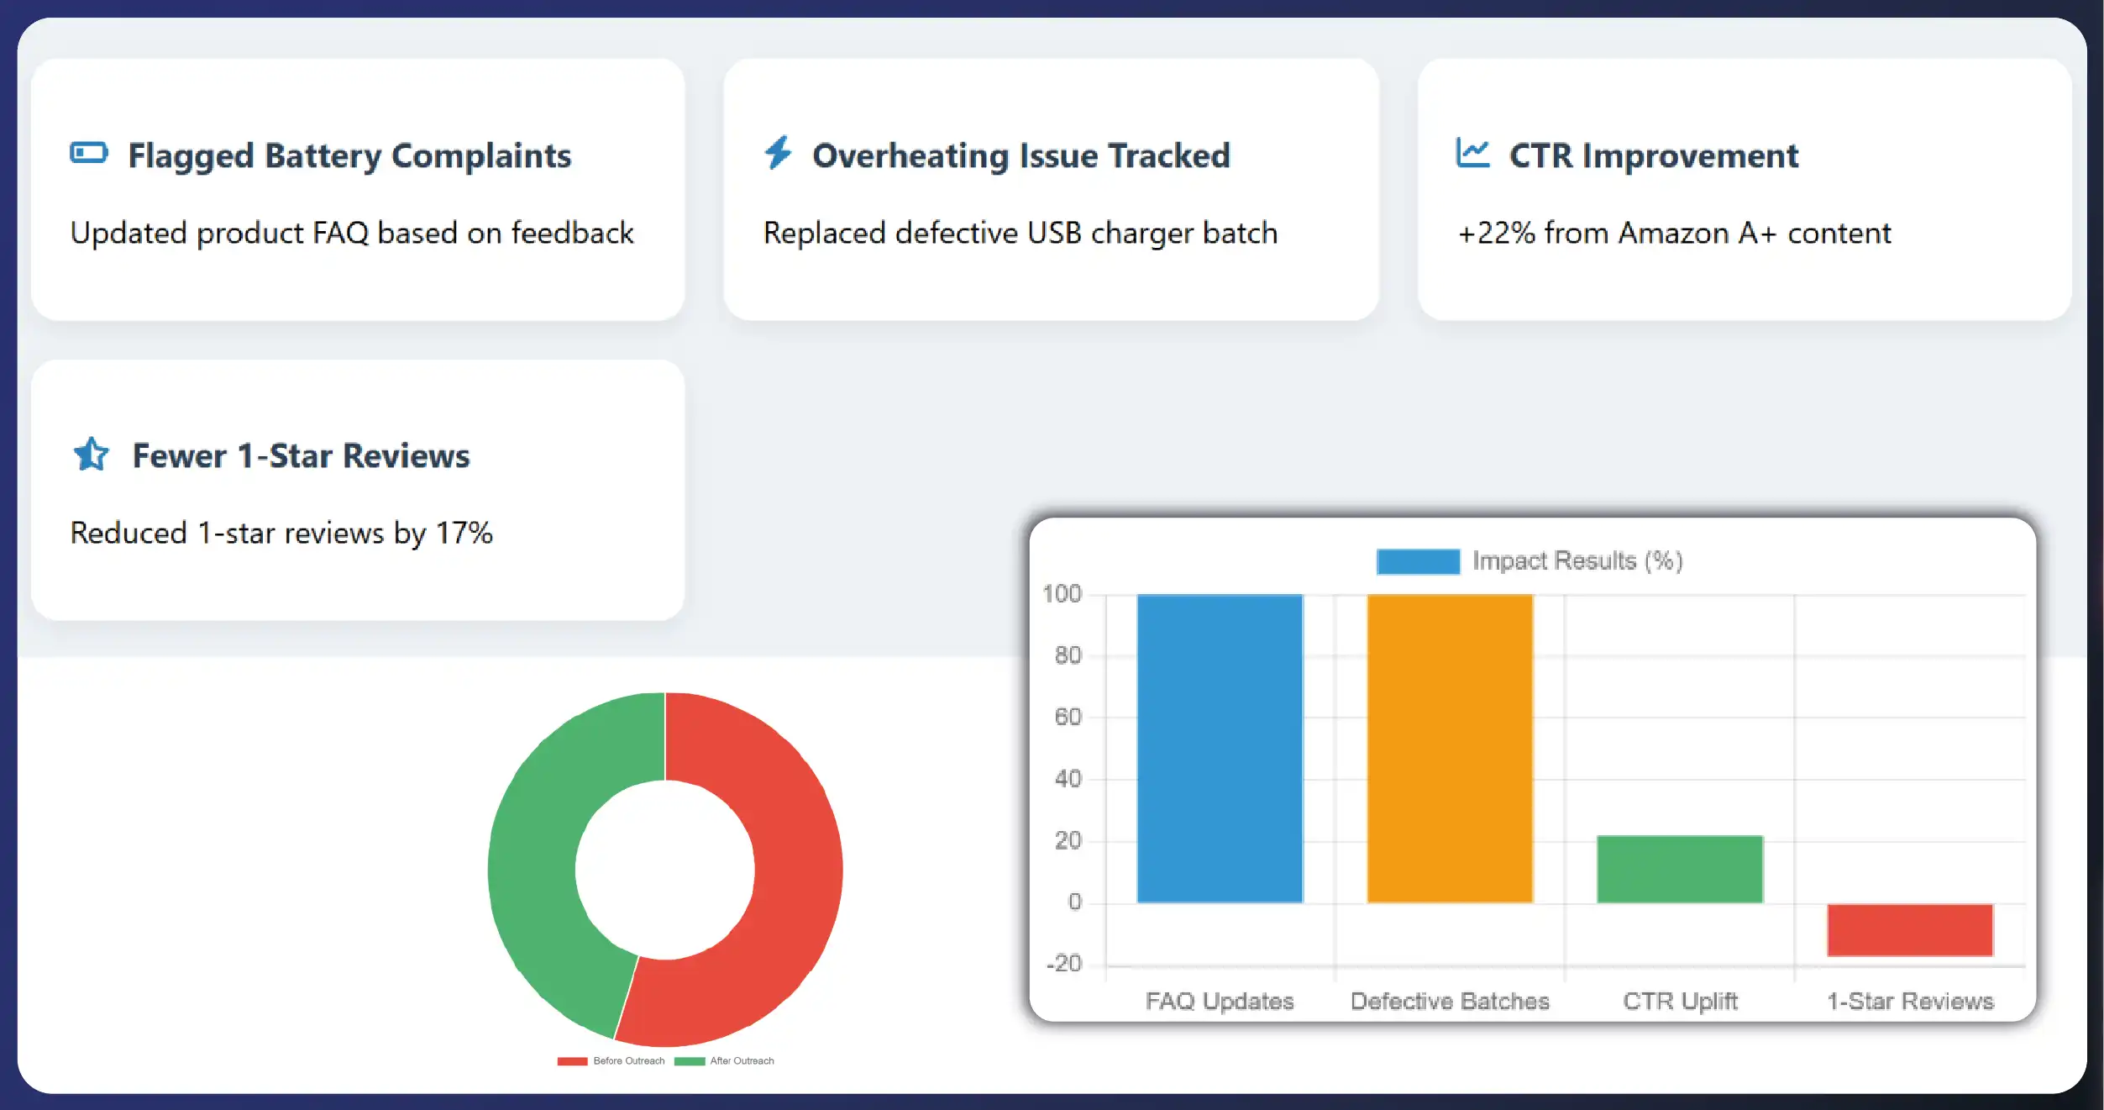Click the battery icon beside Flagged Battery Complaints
89,153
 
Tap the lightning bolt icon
778,153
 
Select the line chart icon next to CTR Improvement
1472,153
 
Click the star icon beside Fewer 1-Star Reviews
91,455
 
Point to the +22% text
1497,233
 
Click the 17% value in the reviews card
464,533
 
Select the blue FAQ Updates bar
1220,748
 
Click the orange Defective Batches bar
1450,748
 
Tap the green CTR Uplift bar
1680,869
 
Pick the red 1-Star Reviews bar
1909,929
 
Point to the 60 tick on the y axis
1068,717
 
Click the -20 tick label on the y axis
1064,963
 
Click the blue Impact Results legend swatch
1418,561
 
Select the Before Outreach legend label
628,1061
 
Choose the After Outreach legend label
742,1061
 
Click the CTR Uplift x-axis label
1680,1001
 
